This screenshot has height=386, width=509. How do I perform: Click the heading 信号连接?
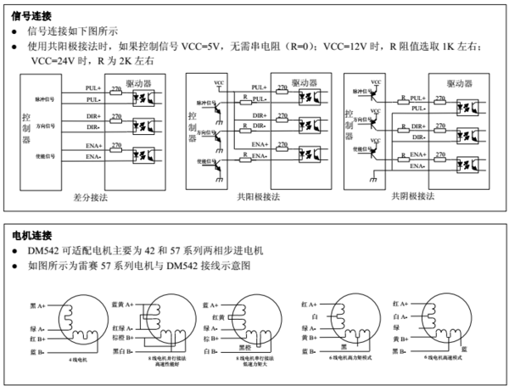tap(31, 14)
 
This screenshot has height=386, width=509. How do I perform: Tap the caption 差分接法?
tap(92, 195)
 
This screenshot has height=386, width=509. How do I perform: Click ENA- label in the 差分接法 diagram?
tap(93, 157)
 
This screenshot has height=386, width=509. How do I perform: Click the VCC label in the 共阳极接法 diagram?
tap(220, 83)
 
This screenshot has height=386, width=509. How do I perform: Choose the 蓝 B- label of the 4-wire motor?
tap(37, 350)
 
